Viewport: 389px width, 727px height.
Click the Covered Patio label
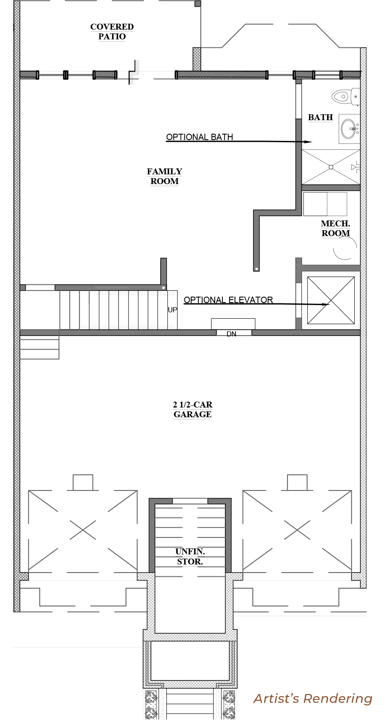tap(112, 32)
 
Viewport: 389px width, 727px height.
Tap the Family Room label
tap(164, 176)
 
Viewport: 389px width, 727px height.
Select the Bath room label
tap(321, 117)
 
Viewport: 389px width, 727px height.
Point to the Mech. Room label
tap(336, 229)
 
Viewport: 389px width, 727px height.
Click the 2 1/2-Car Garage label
tap(193, 410)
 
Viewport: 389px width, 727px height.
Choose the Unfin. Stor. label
tap(190, 556)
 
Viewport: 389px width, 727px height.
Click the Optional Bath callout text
tap(200, 137)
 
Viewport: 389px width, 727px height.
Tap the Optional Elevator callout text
tap(228, 300)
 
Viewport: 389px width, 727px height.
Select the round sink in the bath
tap(348, 129)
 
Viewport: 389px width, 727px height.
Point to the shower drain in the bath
tap(331, 167)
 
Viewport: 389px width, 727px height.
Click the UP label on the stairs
tap(173, 310)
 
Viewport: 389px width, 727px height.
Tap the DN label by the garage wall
tap(231, 334)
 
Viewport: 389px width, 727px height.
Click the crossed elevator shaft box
tap(331, 300)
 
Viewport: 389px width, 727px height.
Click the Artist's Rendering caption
tap(313, 699)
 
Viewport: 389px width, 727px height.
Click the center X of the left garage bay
tap(83, 530)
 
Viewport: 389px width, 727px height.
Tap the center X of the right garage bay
tap(297, 530)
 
